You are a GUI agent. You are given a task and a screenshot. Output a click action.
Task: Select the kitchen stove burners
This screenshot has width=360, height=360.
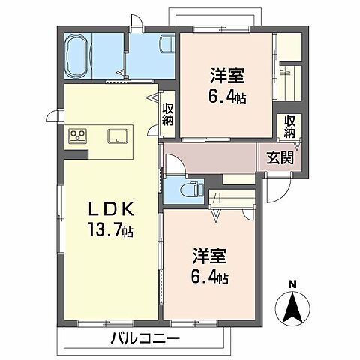pos(79,136)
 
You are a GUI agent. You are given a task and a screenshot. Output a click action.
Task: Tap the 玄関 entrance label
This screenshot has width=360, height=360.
pos(280,158)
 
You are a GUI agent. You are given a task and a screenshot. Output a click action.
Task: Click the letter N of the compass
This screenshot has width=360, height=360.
pos(293,283)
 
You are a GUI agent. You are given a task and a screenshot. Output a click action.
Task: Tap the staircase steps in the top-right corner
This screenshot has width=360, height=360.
pos(291,76)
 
